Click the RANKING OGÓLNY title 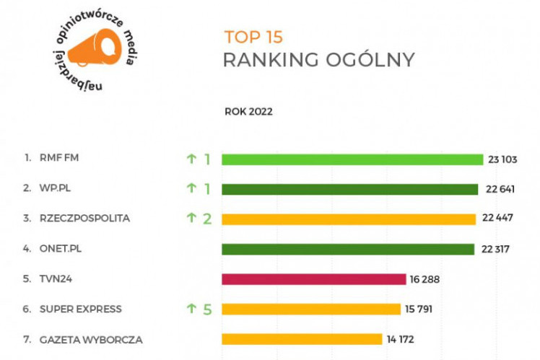[x=318, y=60]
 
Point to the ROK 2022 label [x=248, y=112]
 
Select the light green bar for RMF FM [x=352, y=159]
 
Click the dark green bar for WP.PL [x=349, y=189]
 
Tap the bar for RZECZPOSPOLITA [x=348, y=219]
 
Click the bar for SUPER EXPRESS [x=310, y=309]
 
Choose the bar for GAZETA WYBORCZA [x=301, y=339]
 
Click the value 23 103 [x=505, y=159]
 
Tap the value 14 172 [x=401, y=339]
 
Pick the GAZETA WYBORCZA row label [x=91, y=339]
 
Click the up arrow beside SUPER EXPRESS [x=191, y=309]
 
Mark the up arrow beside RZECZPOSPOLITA [x=191, y=219]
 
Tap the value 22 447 [x=498, y=219]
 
